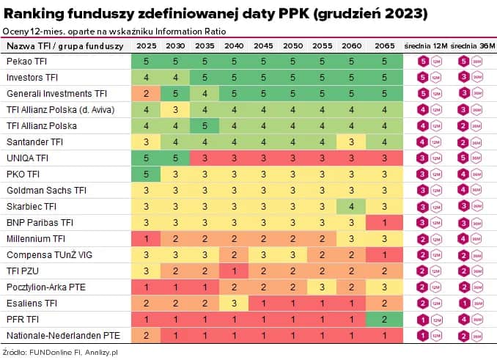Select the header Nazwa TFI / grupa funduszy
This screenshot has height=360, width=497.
coord(56,46)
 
